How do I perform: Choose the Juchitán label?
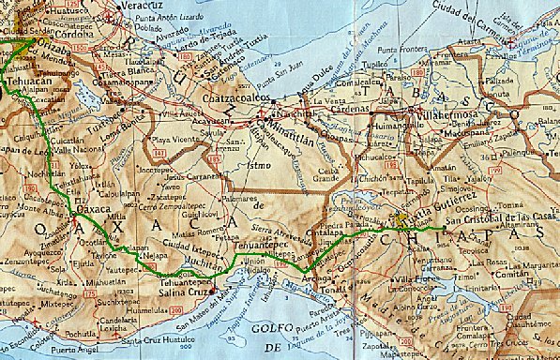pos(207,263)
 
